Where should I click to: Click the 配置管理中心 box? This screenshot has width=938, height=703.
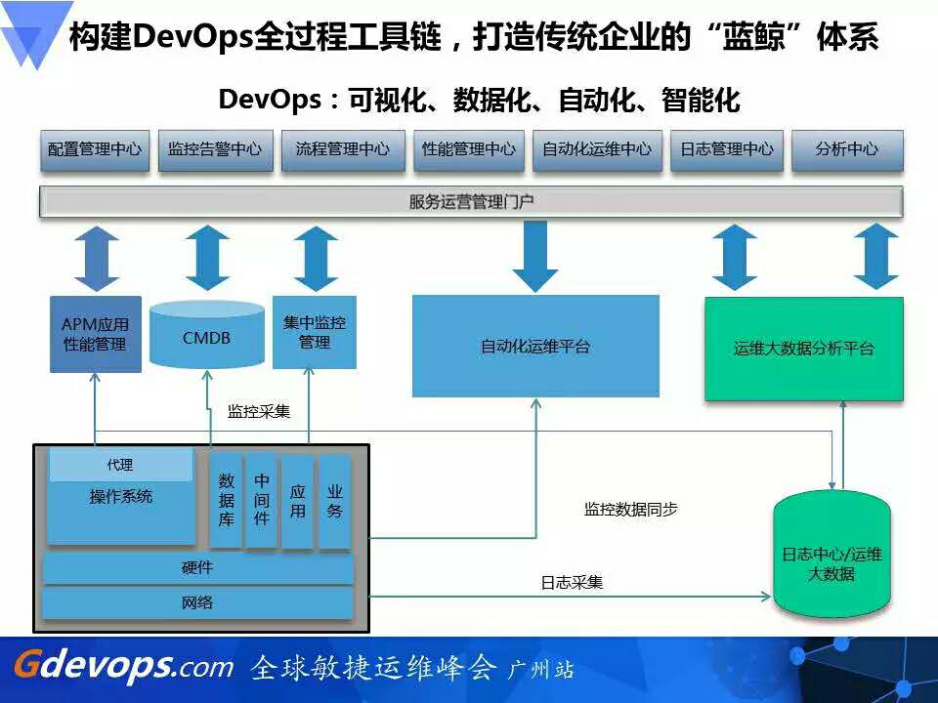[95, 150]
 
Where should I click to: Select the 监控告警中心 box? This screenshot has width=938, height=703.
[215, 150]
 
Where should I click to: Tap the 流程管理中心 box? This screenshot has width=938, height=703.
[343, 150]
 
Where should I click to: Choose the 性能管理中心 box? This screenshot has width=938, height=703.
[469, 150]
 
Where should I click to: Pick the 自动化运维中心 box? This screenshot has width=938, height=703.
[597, 150]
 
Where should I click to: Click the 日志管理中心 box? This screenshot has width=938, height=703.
[726, 150]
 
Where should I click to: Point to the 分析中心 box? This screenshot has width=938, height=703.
[847, 150]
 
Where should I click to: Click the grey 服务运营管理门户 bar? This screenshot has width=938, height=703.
[471, 202]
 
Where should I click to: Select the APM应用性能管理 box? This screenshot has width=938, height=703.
[96, 334]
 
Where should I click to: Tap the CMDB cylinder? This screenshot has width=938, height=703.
[207, 335]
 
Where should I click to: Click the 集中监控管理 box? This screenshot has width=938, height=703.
[315, 332]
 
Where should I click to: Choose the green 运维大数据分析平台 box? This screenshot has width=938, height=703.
[804, 350]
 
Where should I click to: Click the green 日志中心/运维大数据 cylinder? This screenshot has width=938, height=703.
[831, 553]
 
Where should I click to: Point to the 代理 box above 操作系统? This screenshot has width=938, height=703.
[121, 465]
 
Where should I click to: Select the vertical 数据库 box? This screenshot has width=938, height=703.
[226, 500]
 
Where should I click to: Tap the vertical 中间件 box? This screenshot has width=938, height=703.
[262, 500]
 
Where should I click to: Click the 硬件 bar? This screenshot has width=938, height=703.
[197, 568]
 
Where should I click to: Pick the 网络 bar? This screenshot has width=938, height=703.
[197, 602]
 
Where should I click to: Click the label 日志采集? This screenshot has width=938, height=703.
[572, 582]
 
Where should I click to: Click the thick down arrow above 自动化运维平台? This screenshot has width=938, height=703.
[534, 257]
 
